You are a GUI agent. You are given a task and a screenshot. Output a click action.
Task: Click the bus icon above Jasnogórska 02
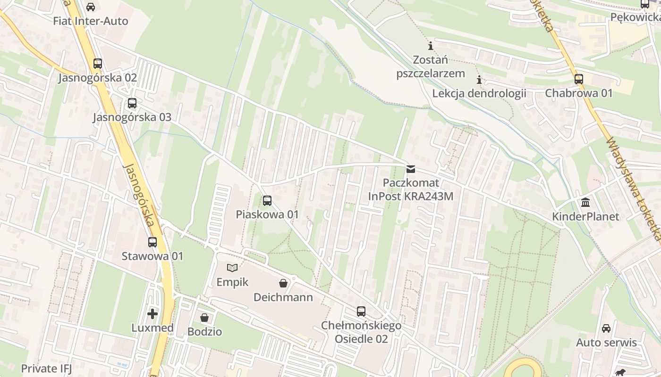[98, 63]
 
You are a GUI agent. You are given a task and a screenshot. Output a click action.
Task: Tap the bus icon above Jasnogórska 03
[132, 103]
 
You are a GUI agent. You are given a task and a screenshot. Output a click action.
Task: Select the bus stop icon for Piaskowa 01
[267, 201]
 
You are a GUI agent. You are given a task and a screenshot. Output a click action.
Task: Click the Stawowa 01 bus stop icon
[152, 242]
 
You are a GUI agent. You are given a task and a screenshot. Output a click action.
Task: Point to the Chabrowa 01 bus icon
[579, 79]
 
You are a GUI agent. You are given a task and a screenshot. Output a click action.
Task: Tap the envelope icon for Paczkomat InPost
[411, 169]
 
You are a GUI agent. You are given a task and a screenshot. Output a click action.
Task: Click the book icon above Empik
[232, 268]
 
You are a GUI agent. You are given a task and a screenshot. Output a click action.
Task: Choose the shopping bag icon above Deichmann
[283, 283]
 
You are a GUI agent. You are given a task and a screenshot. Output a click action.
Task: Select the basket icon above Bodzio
[204, 318]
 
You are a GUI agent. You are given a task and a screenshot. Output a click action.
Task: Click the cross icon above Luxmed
[153, 313]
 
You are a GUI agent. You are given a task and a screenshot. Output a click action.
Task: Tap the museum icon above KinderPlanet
[586, 203]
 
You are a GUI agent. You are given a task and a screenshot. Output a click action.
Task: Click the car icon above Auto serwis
[606, 328]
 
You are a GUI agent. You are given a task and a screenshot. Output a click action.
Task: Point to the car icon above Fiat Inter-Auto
[91, 7]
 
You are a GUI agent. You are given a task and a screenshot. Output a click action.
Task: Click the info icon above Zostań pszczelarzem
[431, 46]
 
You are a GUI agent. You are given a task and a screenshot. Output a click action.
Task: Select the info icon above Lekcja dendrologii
[479, 80]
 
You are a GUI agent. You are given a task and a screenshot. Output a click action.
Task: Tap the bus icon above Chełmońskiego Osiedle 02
[361, 311]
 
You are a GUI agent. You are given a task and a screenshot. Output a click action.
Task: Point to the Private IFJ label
[46, 368]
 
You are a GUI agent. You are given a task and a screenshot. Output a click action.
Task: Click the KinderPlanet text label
[586, 217]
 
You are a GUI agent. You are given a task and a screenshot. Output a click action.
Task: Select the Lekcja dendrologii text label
[479, 93]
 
